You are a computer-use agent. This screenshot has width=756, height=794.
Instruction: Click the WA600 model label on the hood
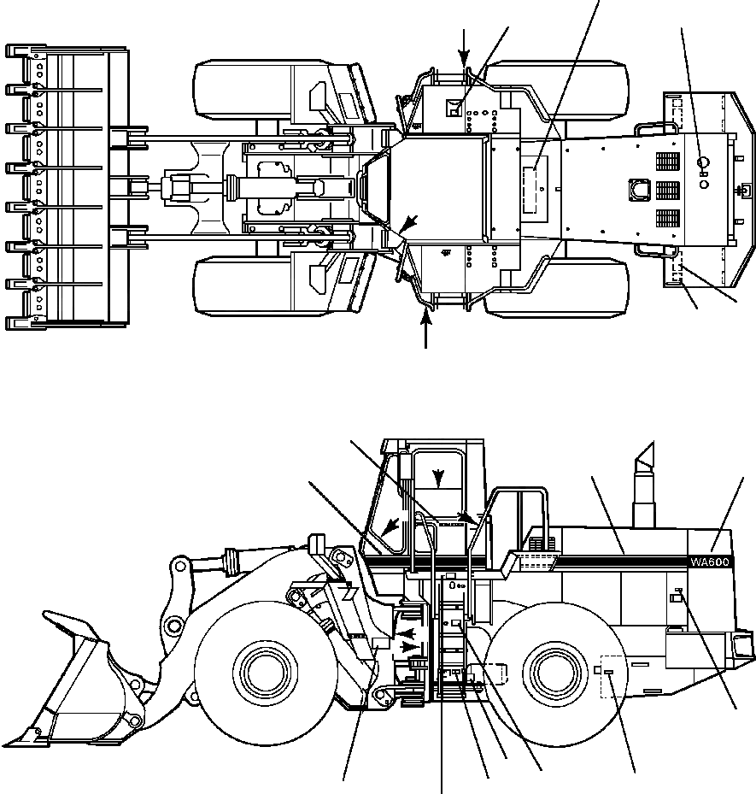point(710,562)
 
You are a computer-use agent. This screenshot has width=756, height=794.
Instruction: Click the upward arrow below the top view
point(427,329)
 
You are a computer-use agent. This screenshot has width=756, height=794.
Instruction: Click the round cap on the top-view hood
point(704,162)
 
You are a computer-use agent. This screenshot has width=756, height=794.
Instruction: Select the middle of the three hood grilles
point(667,189)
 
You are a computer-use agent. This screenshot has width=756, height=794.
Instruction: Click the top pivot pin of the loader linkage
point(179,565)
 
